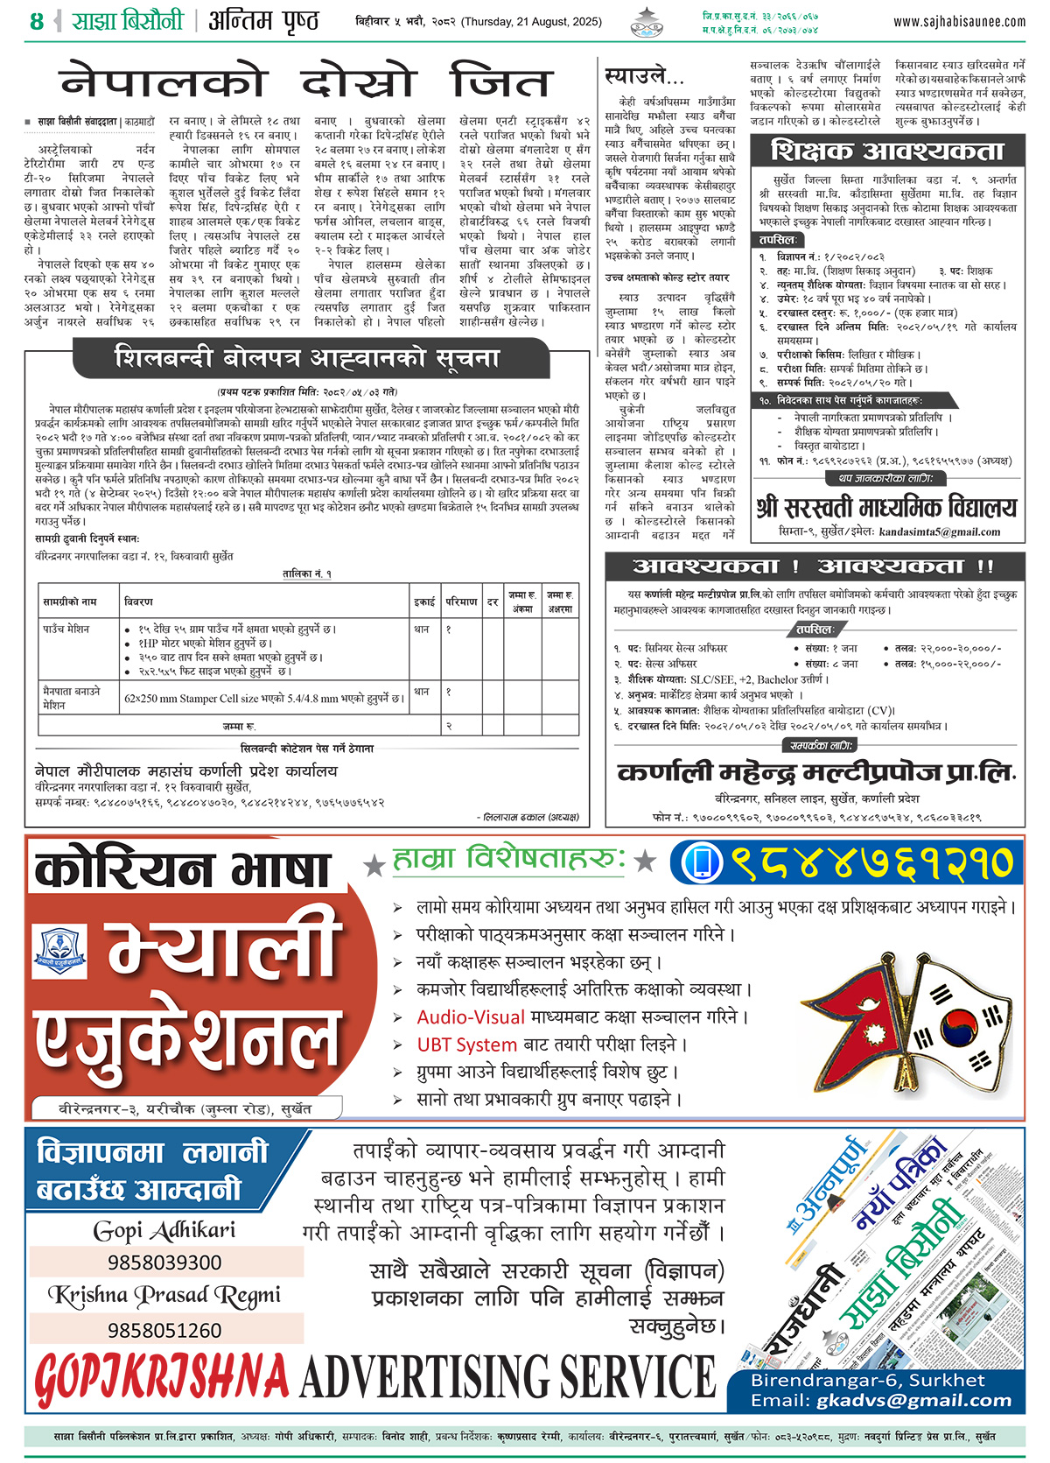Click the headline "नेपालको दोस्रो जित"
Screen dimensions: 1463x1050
306,81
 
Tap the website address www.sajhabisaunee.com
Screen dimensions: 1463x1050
959,21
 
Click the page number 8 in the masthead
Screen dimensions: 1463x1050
36,21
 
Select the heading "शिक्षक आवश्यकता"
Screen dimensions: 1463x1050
887,151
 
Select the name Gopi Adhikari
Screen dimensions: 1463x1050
164,1230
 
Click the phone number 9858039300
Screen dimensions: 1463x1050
164,1263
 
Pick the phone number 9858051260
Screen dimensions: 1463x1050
164,1330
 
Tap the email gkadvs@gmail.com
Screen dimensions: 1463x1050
913,1400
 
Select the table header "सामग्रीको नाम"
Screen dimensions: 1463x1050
70,602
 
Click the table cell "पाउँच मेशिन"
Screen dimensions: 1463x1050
66,630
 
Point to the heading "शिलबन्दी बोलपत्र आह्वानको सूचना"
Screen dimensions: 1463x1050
307,358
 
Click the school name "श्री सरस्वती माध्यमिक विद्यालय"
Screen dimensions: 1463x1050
886,507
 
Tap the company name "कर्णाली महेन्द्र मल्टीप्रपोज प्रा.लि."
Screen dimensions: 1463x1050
815,772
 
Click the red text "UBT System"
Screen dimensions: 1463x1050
466,1044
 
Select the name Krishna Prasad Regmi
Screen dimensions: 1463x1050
164,1296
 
